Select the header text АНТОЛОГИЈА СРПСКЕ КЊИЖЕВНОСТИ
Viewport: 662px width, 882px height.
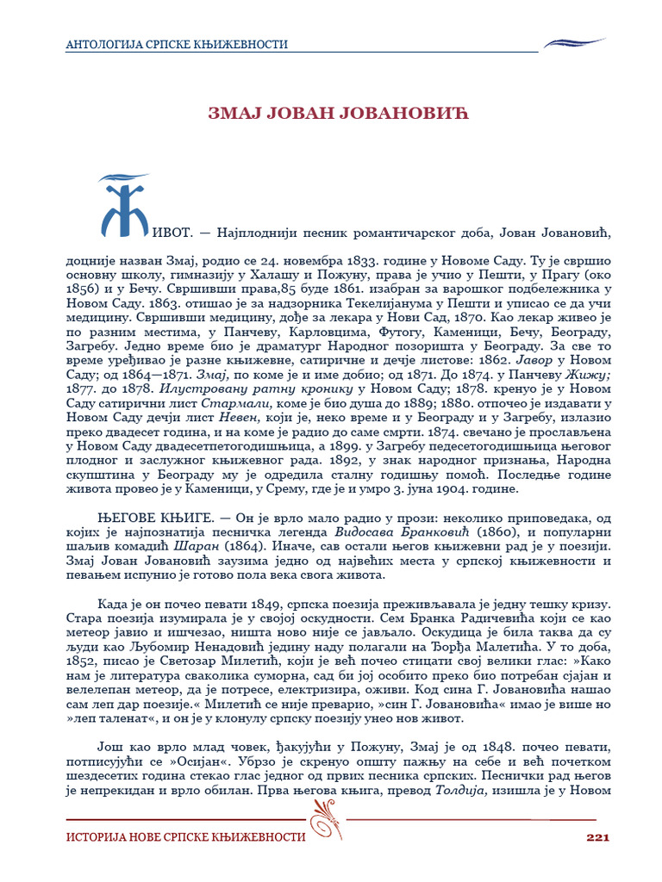[x=178, y=45]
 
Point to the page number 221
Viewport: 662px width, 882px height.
[x=598, y=837]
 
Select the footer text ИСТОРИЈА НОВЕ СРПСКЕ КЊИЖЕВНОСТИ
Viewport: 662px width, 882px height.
[x=186, y=837]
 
